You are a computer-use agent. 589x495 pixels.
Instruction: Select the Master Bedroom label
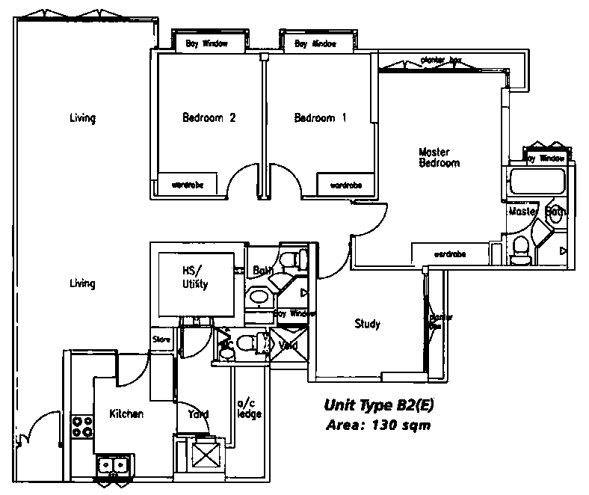click(x=439, y=157)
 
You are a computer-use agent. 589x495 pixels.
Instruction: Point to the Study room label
click(x=367, y=324)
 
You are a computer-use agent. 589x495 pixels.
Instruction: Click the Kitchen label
click(x=126, y=413)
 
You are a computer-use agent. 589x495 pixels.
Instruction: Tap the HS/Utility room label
click(x=194, y=277)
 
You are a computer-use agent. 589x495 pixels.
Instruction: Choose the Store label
click(x=162, y=339)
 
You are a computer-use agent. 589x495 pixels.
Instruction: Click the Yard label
click(x=198, y=413)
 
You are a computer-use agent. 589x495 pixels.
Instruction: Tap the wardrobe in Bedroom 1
click(x=345, y=184)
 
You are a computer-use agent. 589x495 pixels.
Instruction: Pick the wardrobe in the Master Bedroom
click(x=449, y=254)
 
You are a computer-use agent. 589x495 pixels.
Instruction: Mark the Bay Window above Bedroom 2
click(x=206, y=44)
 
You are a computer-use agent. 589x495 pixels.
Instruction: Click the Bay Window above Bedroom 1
click(x=315, y=44)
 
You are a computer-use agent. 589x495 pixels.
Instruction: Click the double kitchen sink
click(x=113, y=465)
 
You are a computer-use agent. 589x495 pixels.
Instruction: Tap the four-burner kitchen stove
click(x=81, y=426)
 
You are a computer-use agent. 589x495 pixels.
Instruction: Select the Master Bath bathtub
click(x=536, y=182)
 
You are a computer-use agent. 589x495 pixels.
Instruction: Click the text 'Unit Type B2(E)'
click(x=379, y=406)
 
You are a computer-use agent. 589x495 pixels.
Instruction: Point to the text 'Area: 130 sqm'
click(x=379, y=425)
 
